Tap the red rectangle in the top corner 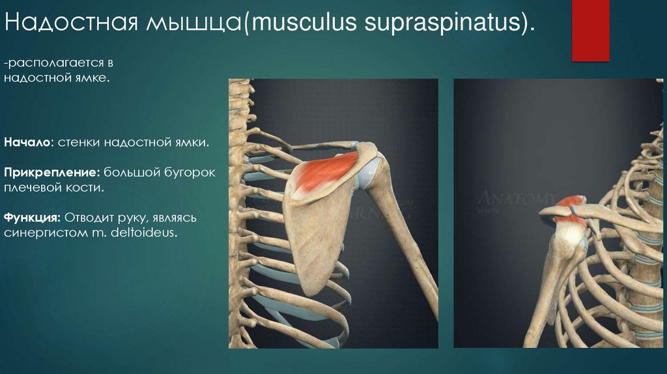point(590,31)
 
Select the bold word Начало point(27,141)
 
